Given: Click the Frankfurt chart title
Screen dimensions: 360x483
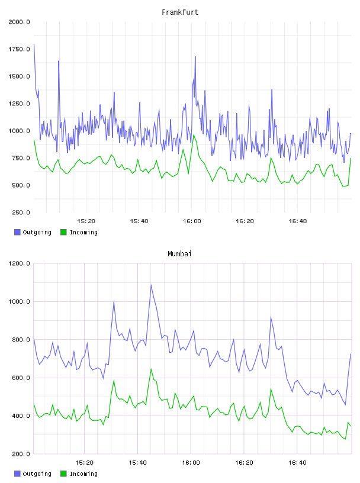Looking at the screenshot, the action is [180, 12].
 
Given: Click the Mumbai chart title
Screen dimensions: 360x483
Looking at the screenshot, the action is [179, 254].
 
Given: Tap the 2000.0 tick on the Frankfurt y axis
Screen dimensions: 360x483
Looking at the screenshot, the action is [19, 22].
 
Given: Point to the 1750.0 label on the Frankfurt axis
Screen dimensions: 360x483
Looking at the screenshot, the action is [19, 49].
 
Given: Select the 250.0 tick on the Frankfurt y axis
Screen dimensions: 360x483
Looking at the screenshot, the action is [21, 212].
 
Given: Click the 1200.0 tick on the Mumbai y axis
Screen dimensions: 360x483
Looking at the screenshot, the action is [19, 263].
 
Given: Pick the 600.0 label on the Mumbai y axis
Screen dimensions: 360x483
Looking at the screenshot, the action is [21, 378].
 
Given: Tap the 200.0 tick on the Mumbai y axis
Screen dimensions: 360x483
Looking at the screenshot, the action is [21, 454].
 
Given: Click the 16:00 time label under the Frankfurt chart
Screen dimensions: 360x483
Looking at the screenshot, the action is [192, 221].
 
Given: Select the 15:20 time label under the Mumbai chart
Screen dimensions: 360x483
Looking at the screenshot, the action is [84, 463].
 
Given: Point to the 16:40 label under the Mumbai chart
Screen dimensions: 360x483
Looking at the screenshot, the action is [297, 463].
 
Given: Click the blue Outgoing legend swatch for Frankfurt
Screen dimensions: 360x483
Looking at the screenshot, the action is [17, 232].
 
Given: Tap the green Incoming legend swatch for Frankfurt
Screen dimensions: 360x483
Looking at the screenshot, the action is [63, 232].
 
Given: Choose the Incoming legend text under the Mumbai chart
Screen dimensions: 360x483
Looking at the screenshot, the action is [83, 474].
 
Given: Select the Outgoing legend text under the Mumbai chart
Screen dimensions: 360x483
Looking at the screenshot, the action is [37, 474].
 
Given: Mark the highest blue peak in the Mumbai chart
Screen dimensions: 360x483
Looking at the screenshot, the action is [151, 285].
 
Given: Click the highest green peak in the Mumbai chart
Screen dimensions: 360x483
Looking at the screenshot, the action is [151, 369].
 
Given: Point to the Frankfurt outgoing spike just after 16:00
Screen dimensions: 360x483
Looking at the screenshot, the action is [195, 57].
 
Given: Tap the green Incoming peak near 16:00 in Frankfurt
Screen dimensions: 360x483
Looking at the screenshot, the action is [194, 134].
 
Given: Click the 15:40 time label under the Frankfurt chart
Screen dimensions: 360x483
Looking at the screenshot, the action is [139, 221].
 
